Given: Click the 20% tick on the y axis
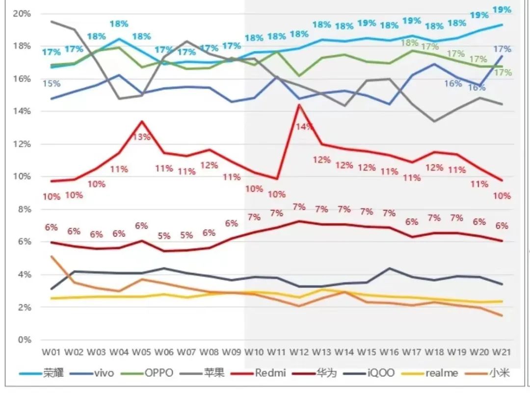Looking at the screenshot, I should [x=22, y=14].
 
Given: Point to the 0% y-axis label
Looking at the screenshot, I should [x=24, y=340].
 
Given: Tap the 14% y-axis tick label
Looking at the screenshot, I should [x=22, y=111].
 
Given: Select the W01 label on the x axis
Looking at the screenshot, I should [x=52, y=352].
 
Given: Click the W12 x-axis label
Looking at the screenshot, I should [x=299, y=352].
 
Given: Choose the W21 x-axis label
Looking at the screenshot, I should [x=502, y=352].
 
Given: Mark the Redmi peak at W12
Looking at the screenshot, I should [x=299, y=105].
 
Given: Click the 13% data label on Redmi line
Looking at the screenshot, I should [x=142, y=137].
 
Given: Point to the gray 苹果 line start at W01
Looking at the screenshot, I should [x=52, y=22].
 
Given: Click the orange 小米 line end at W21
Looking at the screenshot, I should [x=502, y=316].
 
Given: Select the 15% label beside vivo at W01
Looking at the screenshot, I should [x=52, y=84].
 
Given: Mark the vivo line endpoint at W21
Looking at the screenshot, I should [x=502, y=56].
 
